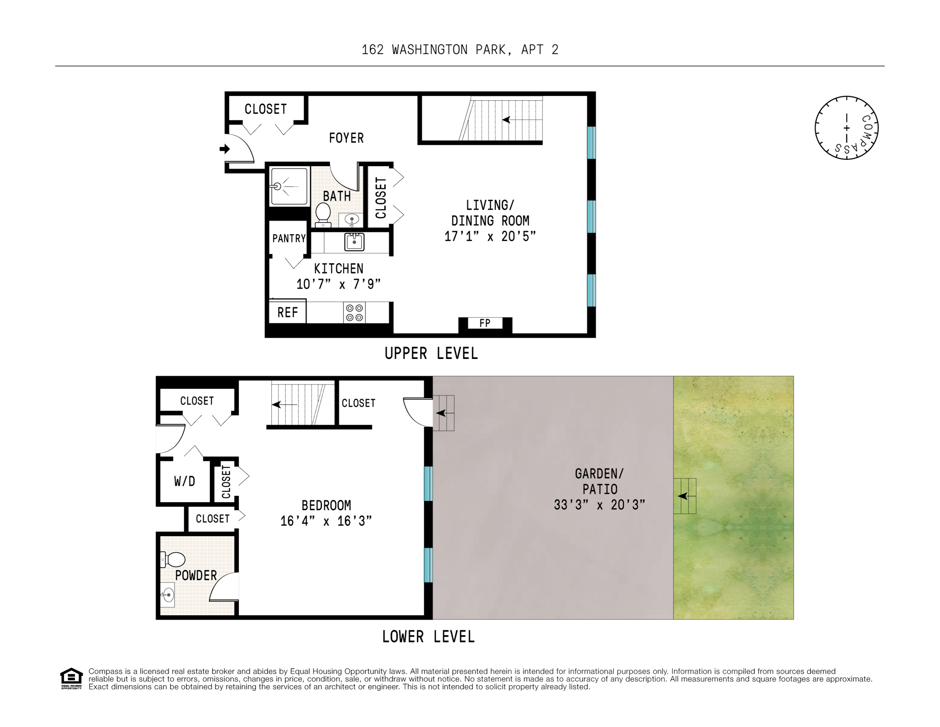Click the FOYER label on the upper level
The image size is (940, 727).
pos(346,138)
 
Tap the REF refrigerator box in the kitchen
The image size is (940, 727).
pos(288,312)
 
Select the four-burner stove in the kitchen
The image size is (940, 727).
pos(354,313)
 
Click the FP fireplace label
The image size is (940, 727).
pos(485,323)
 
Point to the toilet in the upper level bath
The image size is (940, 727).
pos(323,214)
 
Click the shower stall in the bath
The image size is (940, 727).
pos(288,186)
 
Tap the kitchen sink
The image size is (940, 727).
pos(354,242)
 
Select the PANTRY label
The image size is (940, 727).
pos(289,238)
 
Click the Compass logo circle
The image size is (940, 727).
pos(846,128)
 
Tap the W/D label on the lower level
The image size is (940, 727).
pos(184,481)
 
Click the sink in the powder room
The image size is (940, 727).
pos(168,595)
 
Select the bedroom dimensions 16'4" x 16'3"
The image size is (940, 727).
pos(326,521)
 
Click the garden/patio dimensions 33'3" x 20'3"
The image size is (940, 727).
pos(599,505)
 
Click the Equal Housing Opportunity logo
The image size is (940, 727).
pos(71,678)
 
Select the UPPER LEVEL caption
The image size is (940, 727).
pos(431,353)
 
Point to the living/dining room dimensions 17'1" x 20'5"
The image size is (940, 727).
pos(490,237)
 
